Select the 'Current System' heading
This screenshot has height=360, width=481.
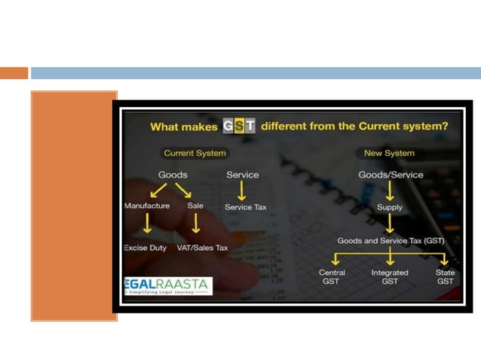pyautogui.click(x=195, y=153)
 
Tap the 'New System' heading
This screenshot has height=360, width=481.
pyautogui.click(x=390, y=153)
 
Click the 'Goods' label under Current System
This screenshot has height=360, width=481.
pyautogui.click(x=172, y=175)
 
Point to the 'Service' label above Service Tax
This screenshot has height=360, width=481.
pyautogui.click(x=242, y=175)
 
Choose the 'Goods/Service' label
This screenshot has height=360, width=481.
pyautogui.click(x=390, y=175)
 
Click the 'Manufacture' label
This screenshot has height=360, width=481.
pyautogui.click(x=147, y=206)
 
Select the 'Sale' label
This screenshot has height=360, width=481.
pyautogui.click(x=195, y=206)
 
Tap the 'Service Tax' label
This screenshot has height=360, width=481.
pyautogui.click(x=245, y=207)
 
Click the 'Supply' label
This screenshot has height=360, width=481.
pyautogui.click(x=390, y=207)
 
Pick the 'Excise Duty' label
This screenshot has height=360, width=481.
pyautogui.click(x=146, y=248)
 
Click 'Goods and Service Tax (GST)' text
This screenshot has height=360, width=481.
pyautogui.click(x=390, y=239)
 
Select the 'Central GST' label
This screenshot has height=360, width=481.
pyautogui.click(x=332, y=276)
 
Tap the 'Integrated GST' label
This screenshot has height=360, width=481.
pyautogui.click(x=390, y=276)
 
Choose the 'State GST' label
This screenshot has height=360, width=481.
pyautogui.click(x=446, y=276)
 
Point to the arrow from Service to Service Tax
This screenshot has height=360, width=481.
pyautogui.click(x=242, y=191)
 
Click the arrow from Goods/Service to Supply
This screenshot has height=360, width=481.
pyautogui.click(x=390, y=191)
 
